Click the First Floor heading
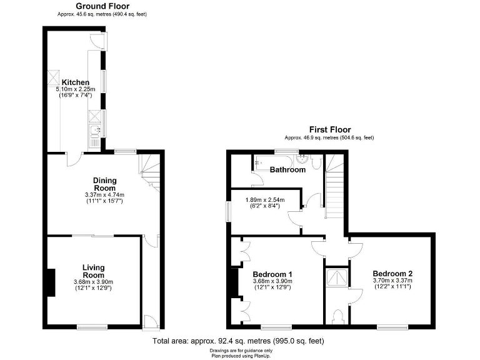[x=329, y=130]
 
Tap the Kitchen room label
[x=75, y=82]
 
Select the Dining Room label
[x=104, y=184]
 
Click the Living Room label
[x=94, y=271]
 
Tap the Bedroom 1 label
[x=272, y=274]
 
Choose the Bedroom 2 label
[x=392, y=274]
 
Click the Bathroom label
[x=287, y=169]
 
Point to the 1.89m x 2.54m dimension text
[x=264, y=201]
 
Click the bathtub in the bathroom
[x=275, y=161]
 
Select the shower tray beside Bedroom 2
[x=337, y=277]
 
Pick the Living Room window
[x=92, y=326]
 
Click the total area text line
[x=238, y=341]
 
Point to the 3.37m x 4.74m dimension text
[x=104, y=197]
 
